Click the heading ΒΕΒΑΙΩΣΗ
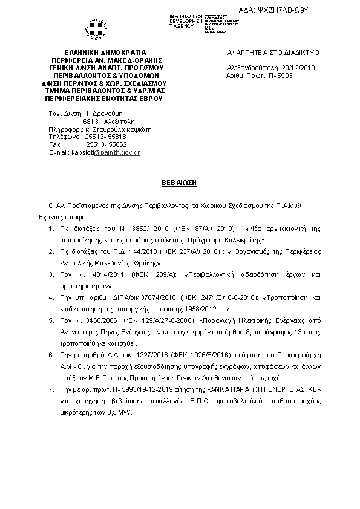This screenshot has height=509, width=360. pos(180,181)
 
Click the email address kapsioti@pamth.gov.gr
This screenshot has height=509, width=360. pos(106,153)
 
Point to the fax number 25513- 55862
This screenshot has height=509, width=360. pos(106,145)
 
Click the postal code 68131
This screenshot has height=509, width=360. pos(92,122)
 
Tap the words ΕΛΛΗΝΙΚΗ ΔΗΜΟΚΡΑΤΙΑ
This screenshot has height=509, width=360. pos(105,53)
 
